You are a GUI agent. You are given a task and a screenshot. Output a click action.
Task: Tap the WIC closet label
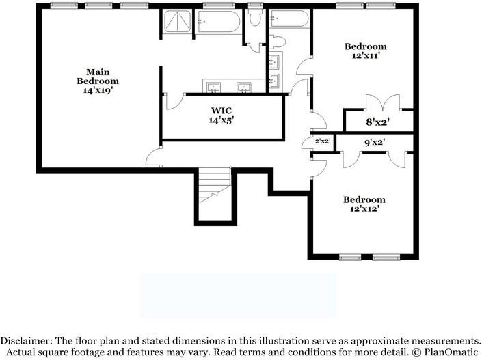tap(222, 109)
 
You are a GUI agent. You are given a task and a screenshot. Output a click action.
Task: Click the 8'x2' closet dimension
tap(378, 122)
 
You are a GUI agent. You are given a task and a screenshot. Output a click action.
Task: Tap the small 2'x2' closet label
tap(322, 141)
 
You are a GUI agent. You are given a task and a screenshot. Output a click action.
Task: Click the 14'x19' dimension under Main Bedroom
tap(98, 90)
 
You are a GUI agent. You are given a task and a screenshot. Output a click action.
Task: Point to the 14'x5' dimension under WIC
tap(222, 120)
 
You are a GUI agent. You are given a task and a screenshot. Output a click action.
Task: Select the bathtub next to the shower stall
tap(218, 25)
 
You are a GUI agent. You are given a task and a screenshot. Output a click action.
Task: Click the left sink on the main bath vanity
tap(213, 86)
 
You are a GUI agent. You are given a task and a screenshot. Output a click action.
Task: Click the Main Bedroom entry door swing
tap(153, 157)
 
